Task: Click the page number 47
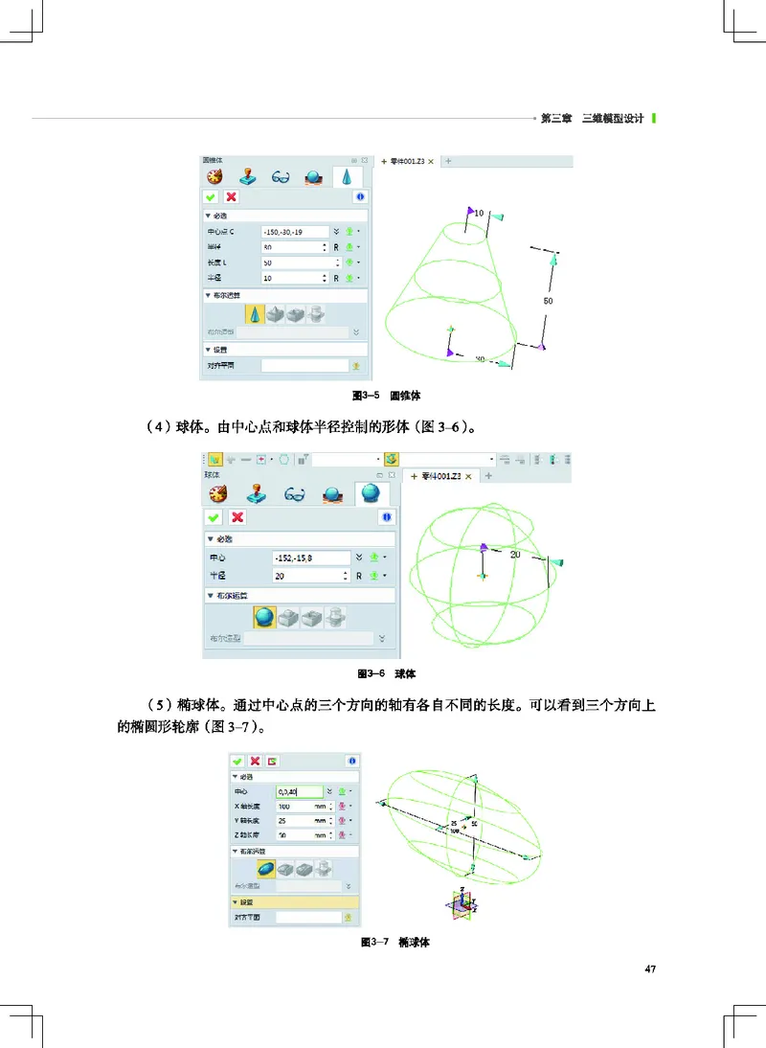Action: pyautogui.click(x=650, y=969)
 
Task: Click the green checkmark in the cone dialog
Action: pyautogui.click(x=212, y=196)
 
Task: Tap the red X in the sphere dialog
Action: pyautogui.click(x=237, y=517)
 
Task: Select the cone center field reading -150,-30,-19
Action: pyautogui.click(x=293, y=232)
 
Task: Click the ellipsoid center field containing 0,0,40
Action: pyautogui.click(x=299, y=792)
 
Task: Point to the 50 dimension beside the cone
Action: pyautogui.click(x=549, y=300)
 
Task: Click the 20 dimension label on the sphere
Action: pyautogui.click(x=514, y=555)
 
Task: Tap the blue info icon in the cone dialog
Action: pyautogui.click(x=360, y=196)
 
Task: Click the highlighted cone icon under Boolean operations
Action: pyautogui.click(x=255, y=313)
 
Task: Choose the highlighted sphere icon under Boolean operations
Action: pyautogui.click(x=264, y=617)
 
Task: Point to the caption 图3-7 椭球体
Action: pyautogui.click(x=394, y=943)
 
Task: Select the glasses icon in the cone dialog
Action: pyautogui.click(x=281, y=176)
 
